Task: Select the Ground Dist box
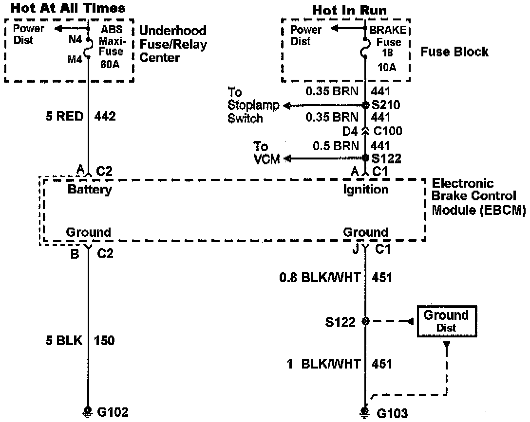(446, 321)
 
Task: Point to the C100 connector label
(388, 131)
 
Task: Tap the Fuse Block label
(454, 52)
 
